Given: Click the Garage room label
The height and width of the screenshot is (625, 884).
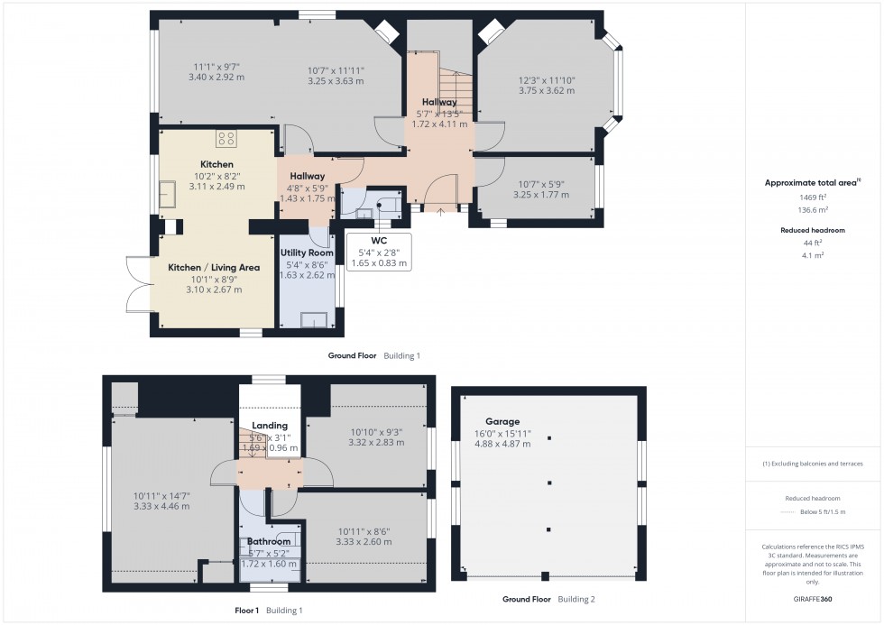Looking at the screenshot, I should (503, 421).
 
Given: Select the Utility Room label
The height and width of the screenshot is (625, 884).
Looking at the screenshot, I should (307, 253).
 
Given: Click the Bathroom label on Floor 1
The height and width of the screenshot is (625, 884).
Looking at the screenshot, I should (270, 542).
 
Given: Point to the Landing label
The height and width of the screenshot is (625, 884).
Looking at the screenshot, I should (270, 426).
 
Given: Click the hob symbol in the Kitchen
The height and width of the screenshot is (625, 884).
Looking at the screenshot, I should (226, 139).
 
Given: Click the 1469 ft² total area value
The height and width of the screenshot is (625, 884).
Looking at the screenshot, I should (814, 197).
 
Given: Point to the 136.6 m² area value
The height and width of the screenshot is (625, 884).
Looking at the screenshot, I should (814, 209).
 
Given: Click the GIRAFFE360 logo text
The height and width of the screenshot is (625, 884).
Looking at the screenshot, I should (814, 598).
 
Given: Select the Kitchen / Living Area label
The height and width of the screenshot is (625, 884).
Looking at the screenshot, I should (214, 267).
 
